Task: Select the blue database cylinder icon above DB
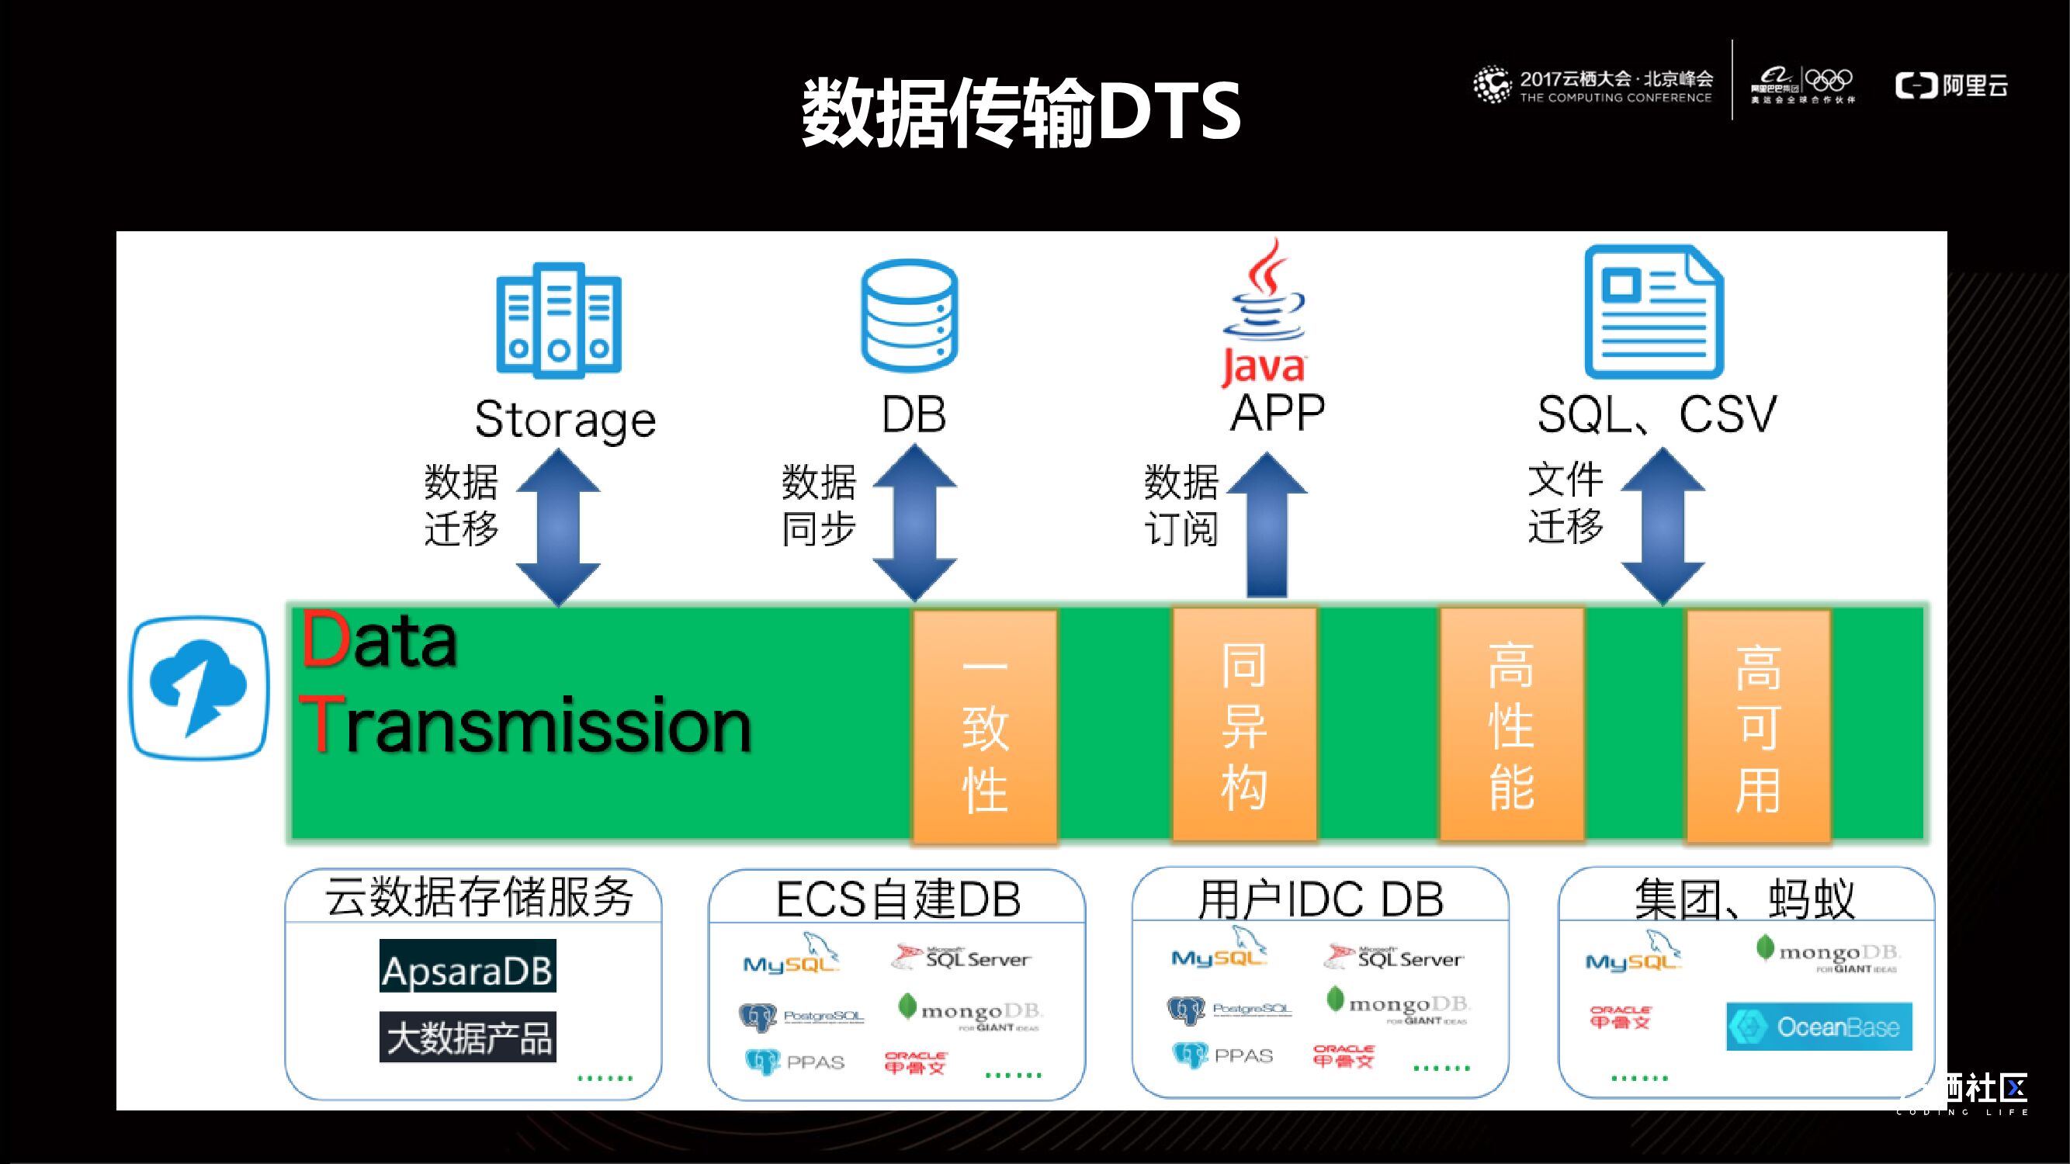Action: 909,316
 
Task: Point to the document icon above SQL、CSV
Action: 1654,312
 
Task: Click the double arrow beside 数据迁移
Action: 558,526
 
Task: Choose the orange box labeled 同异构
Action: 1244,725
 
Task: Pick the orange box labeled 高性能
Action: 1510,725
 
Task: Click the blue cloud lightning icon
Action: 199,688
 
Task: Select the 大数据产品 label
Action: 468,1037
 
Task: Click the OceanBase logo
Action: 1819,1027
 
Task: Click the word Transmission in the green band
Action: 525,726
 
